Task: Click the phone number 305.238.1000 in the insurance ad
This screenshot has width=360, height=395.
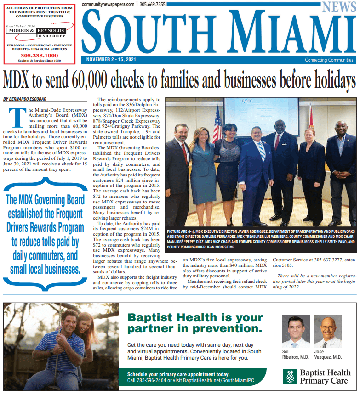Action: click(x=39, y=56)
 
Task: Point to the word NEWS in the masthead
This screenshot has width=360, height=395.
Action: click(x=339, y=7)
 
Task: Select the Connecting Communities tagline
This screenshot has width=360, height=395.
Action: click(x=329, y=60)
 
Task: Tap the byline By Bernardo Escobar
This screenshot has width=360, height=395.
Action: click(x=25, y=99)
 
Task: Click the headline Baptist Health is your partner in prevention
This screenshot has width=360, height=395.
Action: click(x=195, y=322)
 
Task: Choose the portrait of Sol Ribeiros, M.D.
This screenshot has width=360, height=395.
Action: click(x=293, y=332)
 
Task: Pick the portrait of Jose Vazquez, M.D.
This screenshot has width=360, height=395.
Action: click(x=327, y=332)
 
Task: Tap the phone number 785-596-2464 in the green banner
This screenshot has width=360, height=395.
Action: click(x=147, y=380)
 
